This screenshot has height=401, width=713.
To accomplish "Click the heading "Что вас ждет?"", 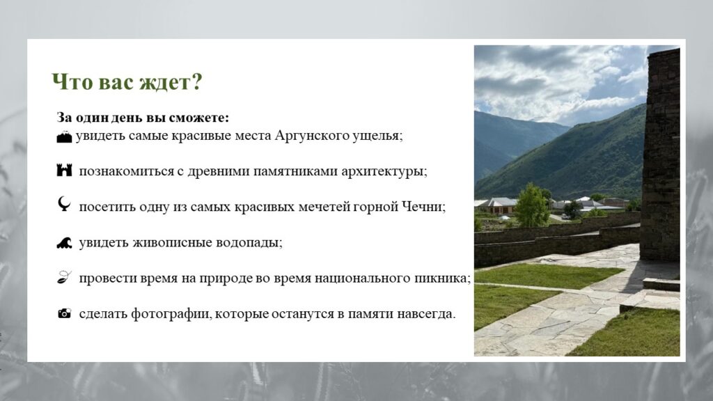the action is (127, 82).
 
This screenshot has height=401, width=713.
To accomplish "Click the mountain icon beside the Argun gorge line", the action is (64, 136).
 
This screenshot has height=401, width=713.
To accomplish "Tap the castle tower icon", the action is (64, 170).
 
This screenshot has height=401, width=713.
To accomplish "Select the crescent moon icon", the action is (64, 204).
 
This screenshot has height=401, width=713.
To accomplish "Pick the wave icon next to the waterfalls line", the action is (64, 243).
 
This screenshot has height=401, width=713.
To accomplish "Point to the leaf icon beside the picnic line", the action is (64, 277).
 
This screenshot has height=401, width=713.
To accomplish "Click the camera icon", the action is (64, 313).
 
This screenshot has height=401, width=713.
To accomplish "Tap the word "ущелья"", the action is (377, 136).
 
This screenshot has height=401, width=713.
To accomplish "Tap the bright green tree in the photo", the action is (531, 205).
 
